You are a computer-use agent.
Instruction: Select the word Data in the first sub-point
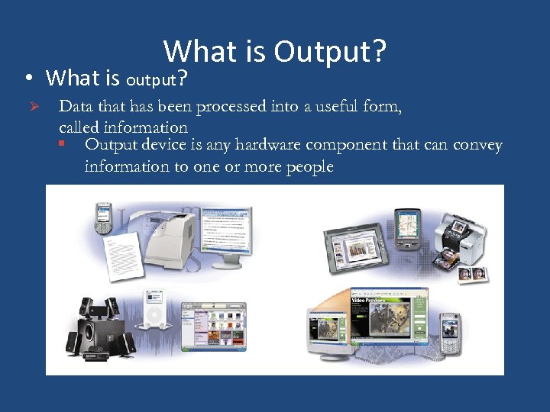(x=76, y=107)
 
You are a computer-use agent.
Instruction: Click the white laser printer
(x=167, y=237)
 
